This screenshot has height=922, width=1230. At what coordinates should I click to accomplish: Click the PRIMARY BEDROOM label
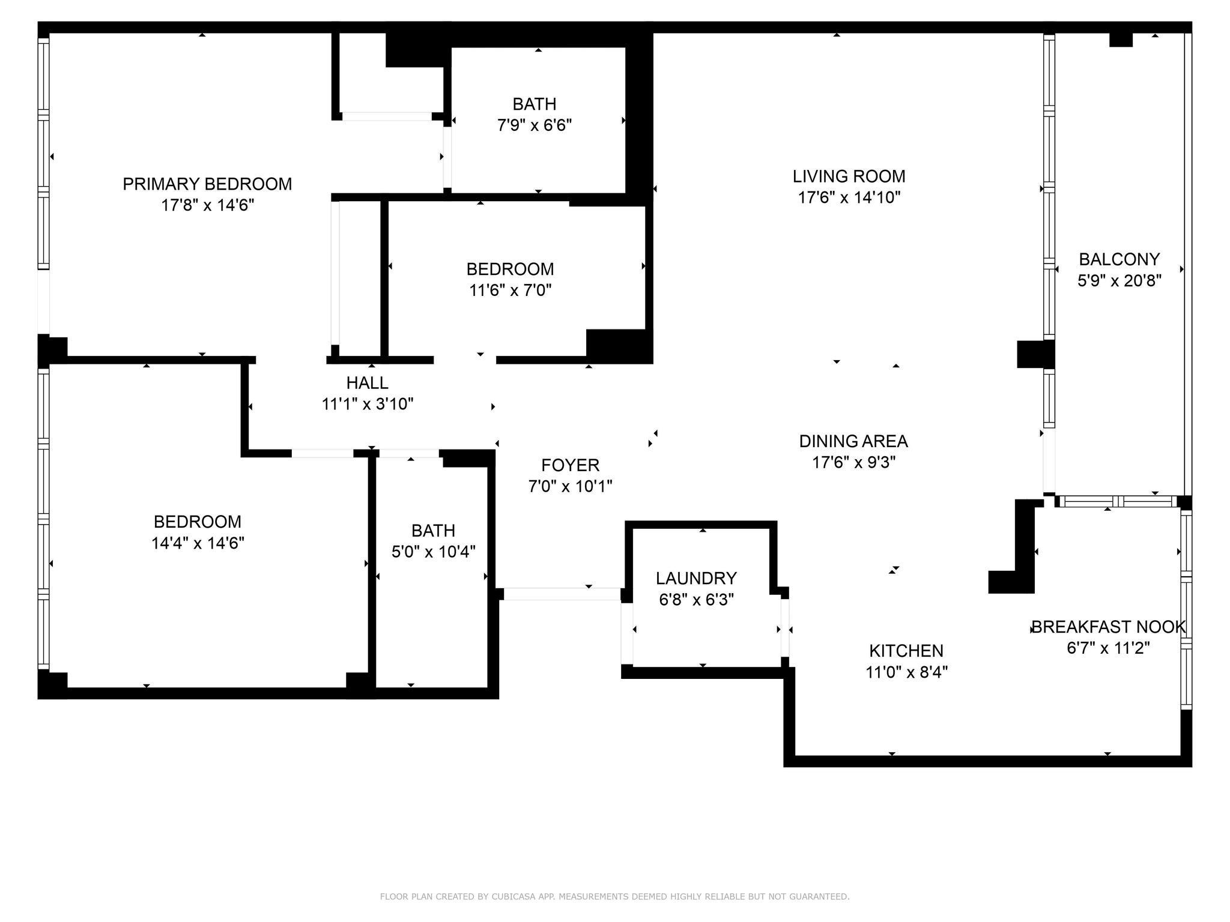(x=207, y=184)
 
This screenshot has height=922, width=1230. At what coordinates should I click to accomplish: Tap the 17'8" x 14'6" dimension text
(x=207, y=205)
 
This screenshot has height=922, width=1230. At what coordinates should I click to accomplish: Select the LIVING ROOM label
(x=849, y=176)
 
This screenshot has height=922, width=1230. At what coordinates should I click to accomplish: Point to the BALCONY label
(x=1119, y=259)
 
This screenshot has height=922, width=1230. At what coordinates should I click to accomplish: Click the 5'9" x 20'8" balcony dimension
(x=1119, y=281)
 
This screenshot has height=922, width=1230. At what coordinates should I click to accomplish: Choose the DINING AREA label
(x=853, y=441)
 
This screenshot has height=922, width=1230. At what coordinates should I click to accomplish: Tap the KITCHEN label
(x=906, y=651)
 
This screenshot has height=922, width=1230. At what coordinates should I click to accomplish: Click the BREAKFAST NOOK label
(x=1109, y=627)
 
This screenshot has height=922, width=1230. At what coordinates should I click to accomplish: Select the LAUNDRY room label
(x=696, y=578)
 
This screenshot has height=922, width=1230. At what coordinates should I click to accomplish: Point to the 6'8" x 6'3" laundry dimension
(x=696, y=600)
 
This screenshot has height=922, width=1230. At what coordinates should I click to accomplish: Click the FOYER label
(x=570, y=465)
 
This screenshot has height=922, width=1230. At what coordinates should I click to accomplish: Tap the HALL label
(x=367, y=382)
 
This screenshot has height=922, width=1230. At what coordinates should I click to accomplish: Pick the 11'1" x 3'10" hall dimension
(x=368, y=404)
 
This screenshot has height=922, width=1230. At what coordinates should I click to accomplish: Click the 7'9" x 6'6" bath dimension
(x=534, y=125)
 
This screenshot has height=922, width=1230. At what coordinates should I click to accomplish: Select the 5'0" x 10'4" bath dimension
(x=433, y=552)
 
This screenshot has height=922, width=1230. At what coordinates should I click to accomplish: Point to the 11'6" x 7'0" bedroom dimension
(x=510, y=291)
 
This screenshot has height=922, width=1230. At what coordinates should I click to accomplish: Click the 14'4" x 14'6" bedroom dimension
(x=198, y=543)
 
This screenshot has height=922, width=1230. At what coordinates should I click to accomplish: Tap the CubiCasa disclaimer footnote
(x=614, y=897)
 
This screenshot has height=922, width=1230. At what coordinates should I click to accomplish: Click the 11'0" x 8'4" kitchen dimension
(x=906, y=672)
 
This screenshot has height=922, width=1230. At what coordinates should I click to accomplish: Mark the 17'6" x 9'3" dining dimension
(x=853, y=463)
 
